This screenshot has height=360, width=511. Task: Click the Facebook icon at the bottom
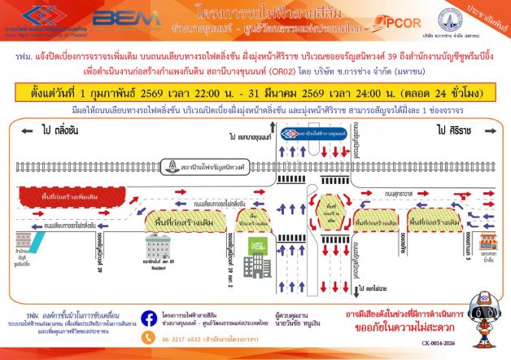click(x=149, y=318)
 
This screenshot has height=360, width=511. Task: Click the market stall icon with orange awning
click(x=487, y=242)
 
